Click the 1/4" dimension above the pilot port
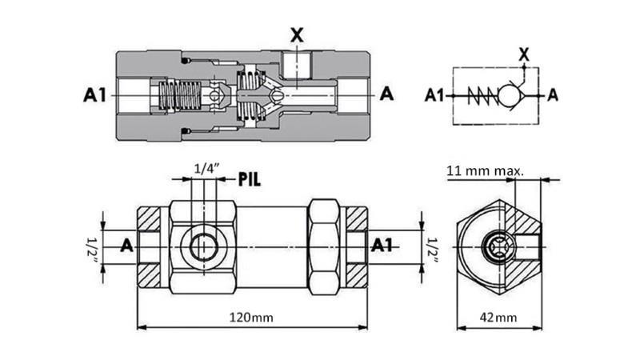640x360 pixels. pyautogui.click(x=207, y=169)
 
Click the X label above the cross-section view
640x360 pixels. pyautogui.click(x=296, y=36)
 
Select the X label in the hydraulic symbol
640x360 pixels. pyautogui.click(x=524, y=54)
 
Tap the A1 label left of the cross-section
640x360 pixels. pyautogui.click(x=95, y=94)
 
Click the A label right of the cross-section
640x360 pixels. pyautogui.click(x=386, y=94)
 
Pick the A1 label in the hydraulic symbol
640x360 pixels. pyautogui.click(x=434, y=96)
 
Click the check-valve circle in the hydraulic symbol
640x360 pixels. pyautogui.click(x=507, y=96)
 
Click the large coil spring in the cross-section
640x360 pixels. pyautogui.click(x=178, y=97)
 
